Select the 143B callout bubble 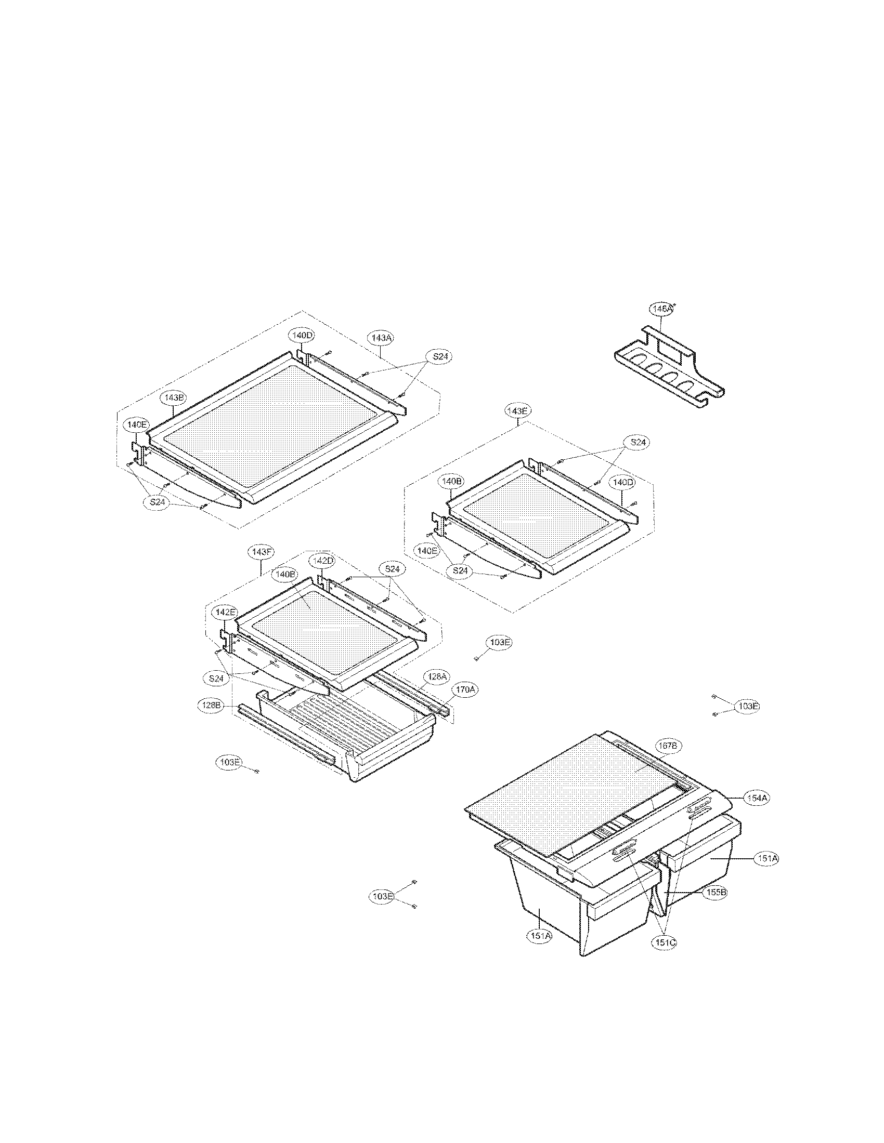point(173,398)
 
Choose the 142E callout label point(224,612)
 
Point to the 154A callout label point(758,798)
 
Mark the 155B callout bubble point(716,893)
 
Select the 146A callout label point(661,309)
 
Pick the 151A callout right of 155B point(765,859)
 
